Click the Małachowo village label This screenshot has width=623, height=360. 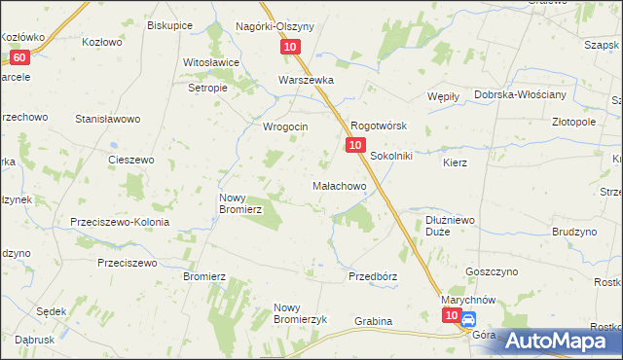(338, 185)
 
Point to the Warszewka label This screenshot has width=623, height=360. (306, 80)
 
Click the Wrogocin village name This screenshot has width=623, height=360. (285, 126)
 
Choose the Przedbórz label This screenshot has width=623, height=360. (373, 276)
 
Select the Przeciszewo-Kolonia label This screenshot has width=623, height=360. (120, 222)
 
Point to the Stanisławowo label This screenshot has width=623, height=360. (109, 119)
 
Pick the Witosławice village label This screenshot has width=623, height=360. (211, 62)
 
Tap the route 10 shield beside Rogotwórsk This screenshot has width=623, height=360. (354, 145)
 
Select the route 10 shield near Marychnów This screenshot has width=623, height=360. (450, 316)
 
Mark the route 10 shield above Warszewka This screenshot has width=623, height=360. (291, 47)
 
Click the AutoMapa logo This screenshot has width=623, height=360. (551, 340)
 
